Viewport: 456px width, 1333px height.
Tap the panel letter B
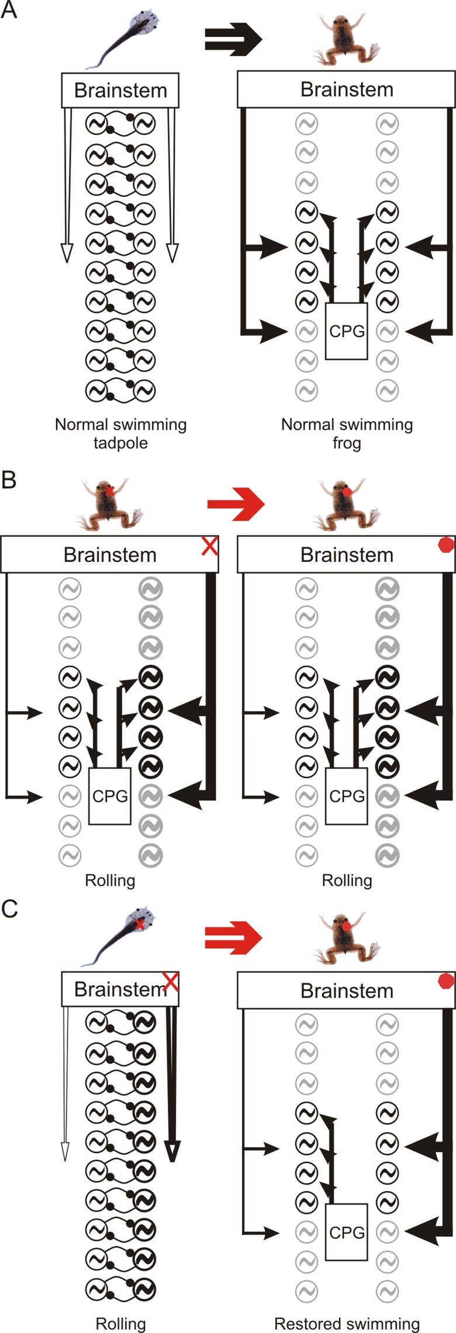(x=9, y=480)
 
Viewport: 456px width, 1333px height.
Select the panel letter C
(x=9, y=910)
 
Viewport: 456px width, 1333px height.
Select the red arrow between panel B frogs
(x=236, y=504)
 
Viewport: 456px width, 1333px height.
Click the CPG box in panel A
(x=347, y=331)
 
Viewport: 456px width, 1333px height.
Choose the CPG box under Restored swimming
(x=347, y=1232)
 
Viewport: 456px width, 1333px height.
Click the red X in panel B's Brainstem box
(x=209, y=547)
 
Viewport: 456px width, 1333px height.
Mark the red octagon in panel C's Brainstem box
(x=446, y=981)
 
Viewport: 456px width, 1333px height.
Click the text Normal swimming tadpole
(x=120, y=433)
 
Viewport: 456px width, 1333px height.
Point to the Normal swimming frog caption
(x=347, y=433)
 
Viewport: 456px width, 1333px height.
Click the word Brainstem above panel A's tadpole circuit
(x=120, y=90)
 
